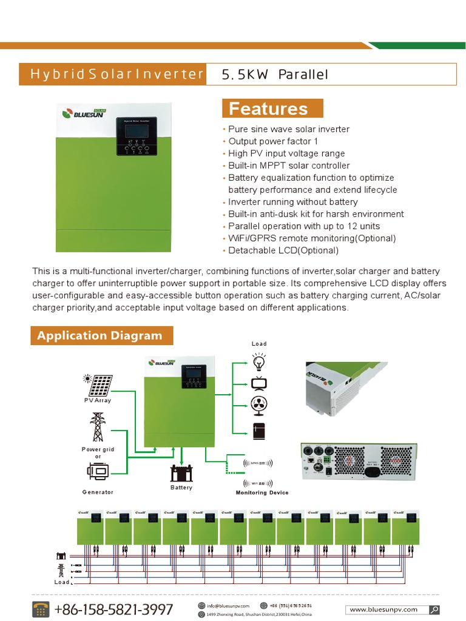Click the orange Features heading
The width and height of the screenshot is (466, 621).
click(272, 109)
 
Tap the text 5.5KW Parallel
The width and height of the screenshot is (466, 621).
click(275, 75)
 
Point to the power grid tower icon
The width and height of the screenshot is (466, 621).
click(97, 428)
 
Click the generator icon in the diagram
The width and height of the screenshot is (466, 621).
click(98, 471)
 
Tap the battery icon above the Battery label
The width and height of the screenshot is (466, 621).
click(181, 473)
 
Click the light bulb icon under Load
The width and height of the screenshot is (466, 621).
click(259, 361)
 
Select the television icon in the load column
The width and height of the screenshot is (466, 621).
click(259, 383)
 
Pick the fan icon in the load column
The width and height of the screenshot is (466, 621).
click(259, 405)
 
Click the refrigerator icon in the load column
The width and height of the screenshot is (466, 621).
click(259, 431)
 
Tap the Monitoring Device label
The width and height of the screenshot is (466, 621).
click(262, 493)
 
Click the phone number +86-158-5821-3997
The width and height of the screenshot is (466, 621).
click(113, 609)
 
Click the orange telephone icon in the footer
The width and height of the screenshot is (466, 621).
click(41, 609)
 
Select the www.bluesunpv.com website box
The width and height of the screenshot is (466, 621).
click(392, 609)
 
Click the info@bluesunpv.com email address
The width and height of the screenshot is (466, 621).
click(228, 606)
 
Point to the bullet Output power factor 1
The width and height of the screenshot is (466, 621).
click(273, 141)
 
